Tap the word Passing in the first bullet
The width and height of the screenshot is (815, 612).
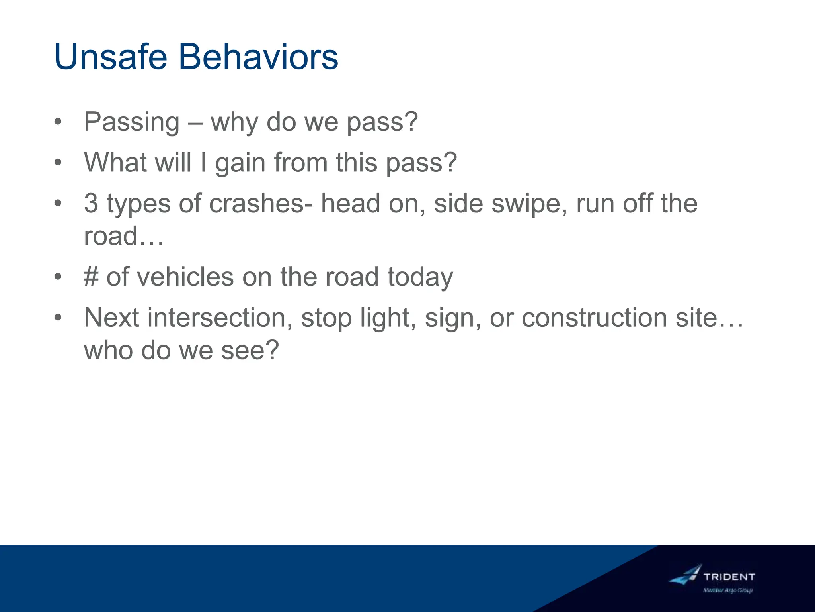pyautogui.click(x=132, y=122)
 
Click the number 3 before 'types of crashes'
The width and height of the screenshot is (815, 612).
pyautogui.click(x=91, y=203)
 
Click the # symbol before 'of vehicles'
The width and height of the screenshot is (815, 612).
pyautogui.click(x=91, y=277)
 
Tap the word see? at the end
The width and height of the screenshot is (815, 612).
pyautogui.click(x=250, y=351)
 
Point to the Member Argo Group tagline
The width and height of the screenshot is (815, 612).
pyautogui.click(x=728, y=590)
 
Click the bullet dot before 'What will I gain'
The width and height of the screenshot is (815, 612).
pyautogui.click(x=58, y=163)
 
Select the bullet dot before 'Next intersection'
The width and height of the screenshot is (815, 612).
pyautogui.click(x=58, y=318)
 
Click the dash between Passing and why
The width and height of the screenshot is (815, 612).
pyautogui.click(x=195, y=123)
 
